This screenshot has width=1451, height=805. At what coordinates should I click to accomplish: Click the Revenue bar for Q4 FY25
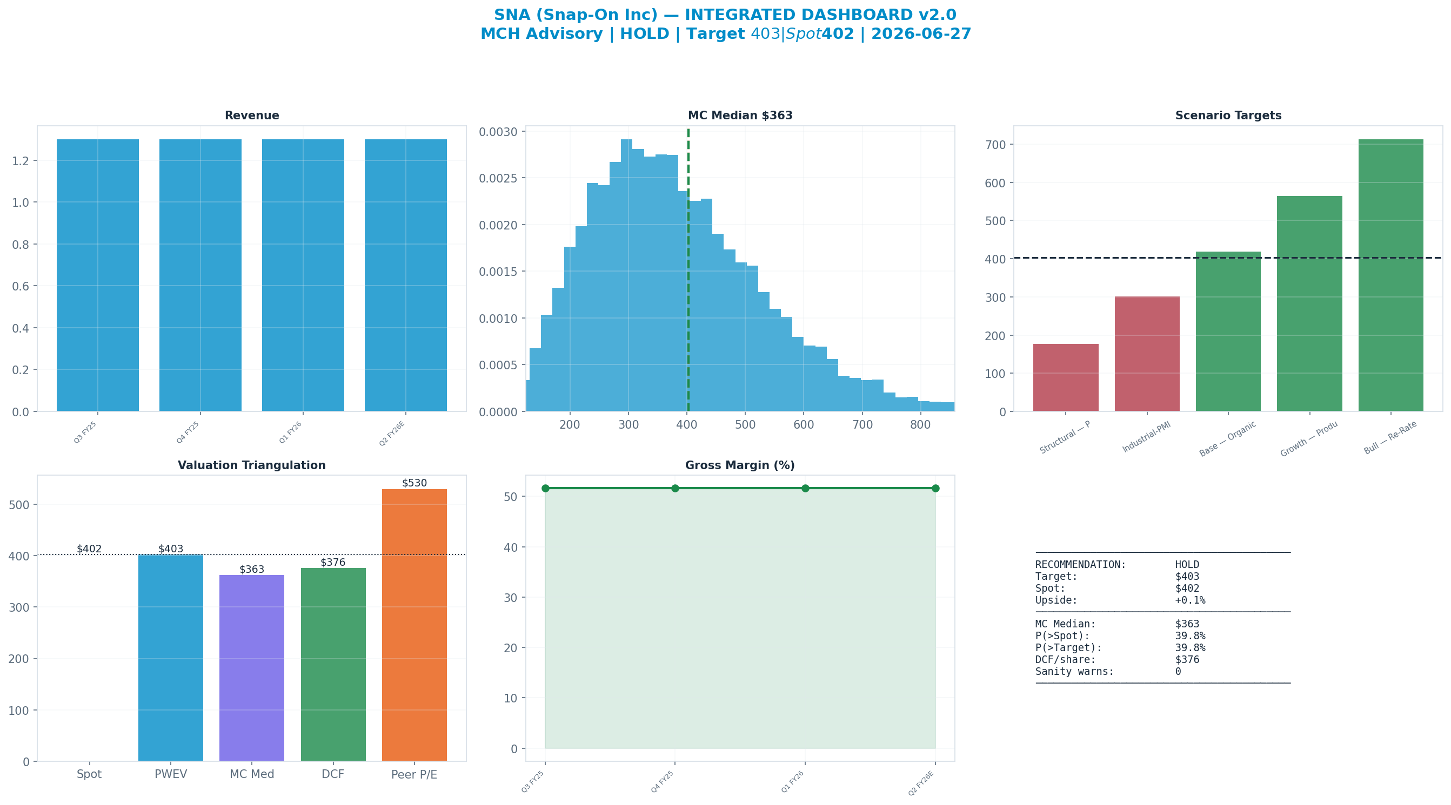[x=200, y=275]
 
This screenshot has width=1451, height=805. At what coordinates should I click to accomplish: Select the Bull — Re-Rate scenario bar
[x=1390, y=275]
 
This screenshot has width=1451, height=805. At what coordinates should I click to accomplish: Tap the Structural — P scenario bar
[x=1066, y=378]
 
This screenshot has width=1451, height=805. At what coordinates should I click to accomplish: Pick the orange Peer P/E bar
[x=414, y=625]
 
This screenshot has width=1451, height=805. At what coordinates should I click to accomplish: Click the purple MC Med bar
[x=252, y=668]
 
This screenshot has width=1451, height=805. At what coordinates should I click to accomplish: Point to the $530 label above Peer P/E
[x=414, y=483]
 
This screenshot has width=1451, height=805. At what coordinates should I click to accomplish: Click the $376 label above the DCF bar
[x=333, y=563]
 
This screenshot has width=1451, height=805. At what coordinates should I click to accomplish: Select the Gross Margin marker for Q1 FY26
[x=805, y=488]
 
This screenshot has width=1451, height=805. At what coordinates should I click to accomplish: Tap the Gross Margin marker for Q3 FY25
[x=545, y=488]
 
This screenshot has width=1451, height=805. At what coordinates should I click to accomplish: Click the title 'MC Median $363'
[x=740, y=116]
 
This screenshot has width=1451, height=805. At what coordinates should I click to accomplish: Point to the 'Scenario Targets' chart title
[x=1228, y=116]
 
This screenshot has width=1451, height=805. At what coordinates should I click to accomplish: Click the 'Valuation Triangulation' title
[x=252, y=465]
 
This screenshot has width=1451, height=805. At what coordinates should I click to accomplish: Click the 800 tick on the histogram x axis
[x=920, y=425]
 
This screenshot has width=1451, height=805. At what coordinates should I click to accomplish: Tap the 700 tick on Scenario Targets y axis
[x=996, y=145]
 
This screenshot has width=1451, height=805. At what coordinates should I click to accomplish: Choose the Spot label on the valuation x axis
[x=89, y=775]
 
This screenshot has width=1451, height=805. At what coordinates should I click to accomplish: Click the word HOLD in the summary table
[x=1187, y=565]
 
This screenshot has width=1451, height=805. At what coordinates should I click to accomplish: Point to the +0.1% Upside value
[x=1190, y=600]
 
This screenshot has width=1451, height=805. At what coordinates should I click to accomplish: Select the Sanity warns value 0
[x=1178, y=672]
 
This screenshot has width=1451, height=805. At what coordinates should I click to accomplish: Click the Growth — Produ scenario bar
[x=1309, y=304]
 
